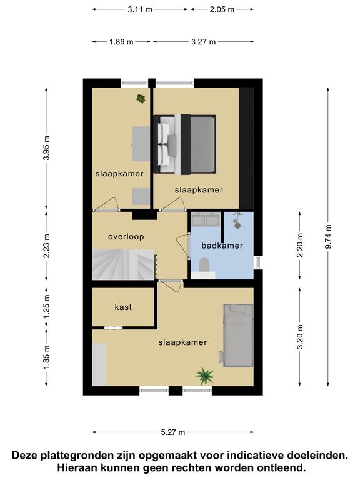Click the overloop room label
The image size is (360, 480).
126,237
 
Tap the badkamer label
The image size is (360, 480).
222,246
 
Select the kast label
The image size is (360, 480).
123,307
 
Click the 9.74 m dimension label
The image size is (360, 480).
329,237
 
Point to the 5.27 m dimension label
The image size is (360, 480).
173,432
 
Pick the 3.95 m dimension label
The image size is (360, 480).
46,147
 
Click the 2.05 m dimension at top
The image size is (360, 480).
222,9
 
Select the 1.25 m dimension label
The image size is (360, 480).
46,306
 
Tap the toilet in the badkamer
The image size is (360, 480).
204,264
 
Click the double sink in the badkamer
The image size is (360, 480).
206,219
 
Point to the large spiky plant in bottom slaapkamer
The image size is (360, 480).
205,376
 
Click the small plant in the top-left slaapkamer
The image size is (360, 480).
141,99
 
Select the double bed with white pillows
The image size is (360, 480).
185,144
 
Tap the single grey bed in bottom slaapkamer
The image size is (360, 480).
238,335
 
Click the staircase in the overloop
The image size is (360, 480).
124,264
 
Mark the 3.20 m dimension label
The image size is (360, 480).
300,337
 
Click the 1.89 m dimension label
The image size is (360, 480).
121,42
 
